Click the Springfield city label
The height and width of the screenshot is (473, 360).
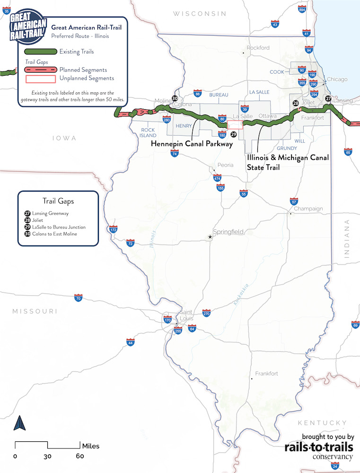click(x=228, y=232)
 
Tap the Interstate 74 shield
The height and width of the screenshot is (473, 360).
click(x=175, y=153)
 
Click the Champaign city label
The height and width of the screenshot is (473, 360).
click(x=308, y=209)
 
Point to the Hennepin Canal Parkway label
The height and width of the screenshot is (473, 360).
click(x=192, y=143)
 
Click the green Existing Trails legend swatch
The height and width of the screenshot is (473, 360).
click(x=40, y=52)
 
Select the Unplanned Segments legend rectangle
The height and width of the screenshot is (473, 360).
click(x=40, y=79)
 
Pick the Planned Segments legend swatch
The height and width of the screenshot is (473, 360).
click(x=40, y=70)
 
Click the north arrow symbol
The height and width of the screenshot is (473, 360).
click(x=19, y=422)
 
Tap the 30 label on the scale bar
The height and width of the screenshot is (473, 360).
click(x=47, y=456)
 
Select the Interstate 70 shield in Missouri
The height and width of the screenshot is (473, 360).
click(x=78, y=298)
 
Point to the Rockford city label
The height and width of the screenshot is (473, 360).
click(x=258, y=48)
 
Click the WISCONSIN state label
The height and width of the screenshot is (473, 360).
click(x=200, y=14)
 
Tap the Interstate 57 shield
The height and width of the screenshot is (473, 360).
click(x=294, y=201)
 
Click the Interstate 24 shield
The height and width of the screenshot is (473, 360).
click(x=335, y=466)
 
